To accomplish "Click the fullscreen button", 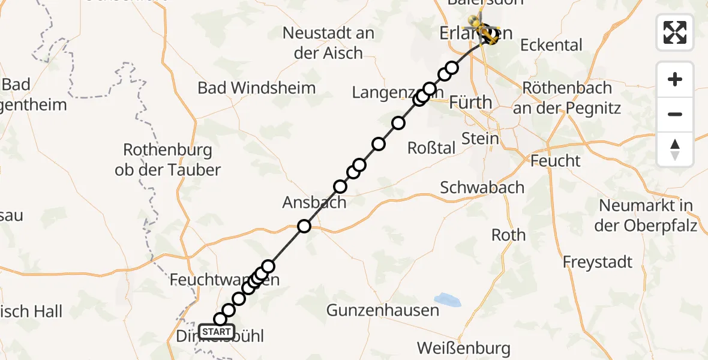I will pos(675,32).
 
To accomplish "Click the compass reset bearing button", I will pos(675,149).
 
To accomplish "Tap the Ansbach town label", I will pos(314,202).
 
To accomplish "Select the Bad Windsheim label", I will pos(256,88).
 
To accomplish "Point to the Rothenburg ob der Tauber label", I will pos(168,160).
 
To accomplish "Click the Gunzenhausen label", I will pos(382,310).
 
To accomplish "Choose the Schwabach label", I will pos(482,187).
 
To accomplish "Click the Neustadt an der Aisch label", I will pos(329,43).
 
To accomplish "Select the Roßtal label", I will pos(431,148).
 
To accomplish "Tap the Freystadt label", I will pos(598,262).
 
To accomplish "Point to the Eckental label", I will pos(551,45).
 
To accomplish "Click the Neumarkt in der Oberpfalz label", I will pos(646,215).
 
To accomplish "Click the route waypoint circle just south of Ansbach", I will pos(304,226).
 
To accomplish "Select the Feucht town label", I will pos(556,161).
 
